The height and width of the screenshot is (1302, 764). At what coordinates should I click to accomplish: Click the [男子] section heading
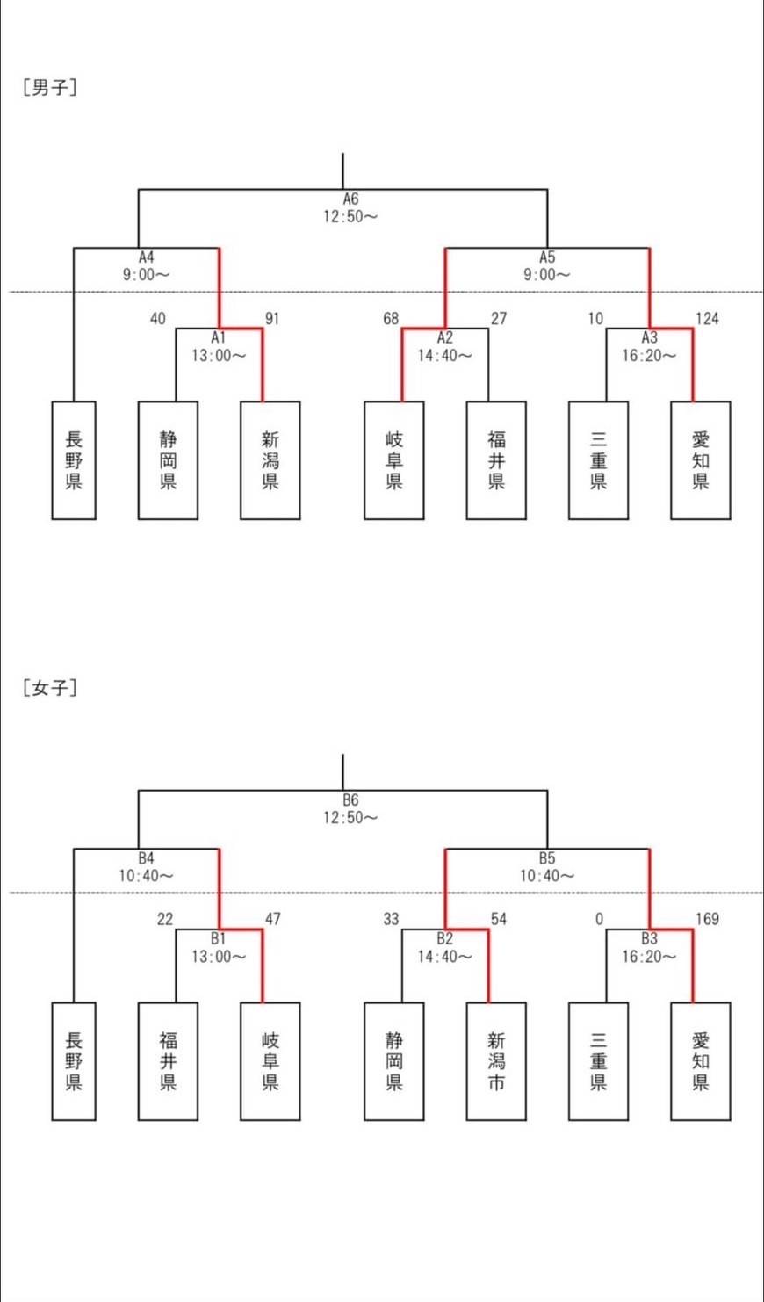pyautogui.click(x=50, y=87)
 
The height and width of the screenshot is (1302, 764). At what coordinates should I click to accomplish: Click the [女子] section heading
pyautogui.click(x=50, y=687)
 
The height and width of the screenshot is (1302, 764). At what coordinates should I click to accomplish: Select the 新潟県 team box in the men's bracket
pyautogui.click(x=270, y=459)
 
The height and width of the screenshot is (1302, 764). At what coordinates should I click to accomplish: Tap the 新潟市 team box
pyautogui.click(x=496, y=1060)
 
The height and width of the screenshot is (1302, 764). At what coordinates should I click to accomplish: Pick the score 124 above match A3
pyautogui.click(x=707, y=318)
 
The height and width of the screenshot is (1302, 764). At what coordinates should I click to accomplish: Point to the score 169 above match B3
pyautogui.click(x=707, y=919)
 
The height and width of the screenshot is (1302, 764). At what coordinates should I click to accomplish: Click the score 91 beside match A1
pyautogui.click(x=272, y=318)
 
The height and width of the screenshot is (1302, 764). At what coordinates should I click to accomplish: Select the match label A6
pyautogui.click(x=350, y=199)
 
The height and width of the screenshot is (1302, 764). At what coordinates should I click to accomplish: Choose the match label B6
pyautogui.click(x=350, y=800)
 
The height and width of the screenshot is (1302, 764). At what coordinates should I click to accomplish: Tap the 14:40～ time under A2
pyautogui.click(x=445, y=356)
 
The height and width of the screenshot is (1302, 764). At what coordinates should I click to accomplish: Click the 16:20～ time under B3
pyautogui.click(x=650, y=957)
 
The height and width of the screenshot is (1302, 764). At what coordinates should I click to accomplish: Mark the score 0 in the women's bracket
pyautogui.click(x=599, y=919)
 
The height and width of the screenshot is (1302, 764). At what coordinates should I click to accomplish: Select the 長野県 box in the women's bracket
pyautogui.click(x=74, y=1060)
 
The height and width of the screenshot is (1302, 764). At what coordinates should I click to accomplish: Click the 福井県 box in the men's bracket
pyautogui.click(x=496, y=459)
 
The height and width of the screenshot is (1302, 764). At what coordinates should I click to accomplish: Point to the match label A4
pyautogui.click(x=147, y=257)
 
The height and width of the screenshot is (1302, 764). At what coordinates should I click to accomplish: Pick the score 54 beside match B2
pyautogui.click(x=499, y=919)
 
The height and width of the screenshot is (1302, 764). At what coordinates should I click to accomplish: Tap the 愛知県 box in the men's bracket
pyautogui.click(x=700, y=459)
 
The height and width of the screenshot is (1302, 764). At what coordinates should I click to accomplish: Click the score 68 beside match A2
pyautogui.click(x=391, y=318)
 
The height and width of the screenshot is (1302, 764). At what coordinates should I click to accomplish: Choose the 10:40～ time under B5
pyautogui.click(x=547, y=876)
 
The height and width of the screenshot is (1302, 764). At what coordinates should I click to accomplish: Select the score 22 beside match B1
pyautogui.click(x=165, y=919)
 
